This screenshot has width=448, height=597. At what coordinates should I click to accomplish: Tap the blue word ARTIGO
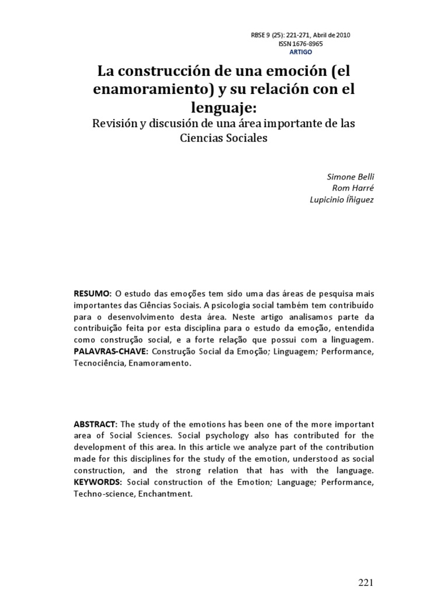[x=301, y=52]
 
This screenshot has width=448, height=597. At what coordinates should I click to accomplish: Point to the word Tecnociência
[x=99, y=363]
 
